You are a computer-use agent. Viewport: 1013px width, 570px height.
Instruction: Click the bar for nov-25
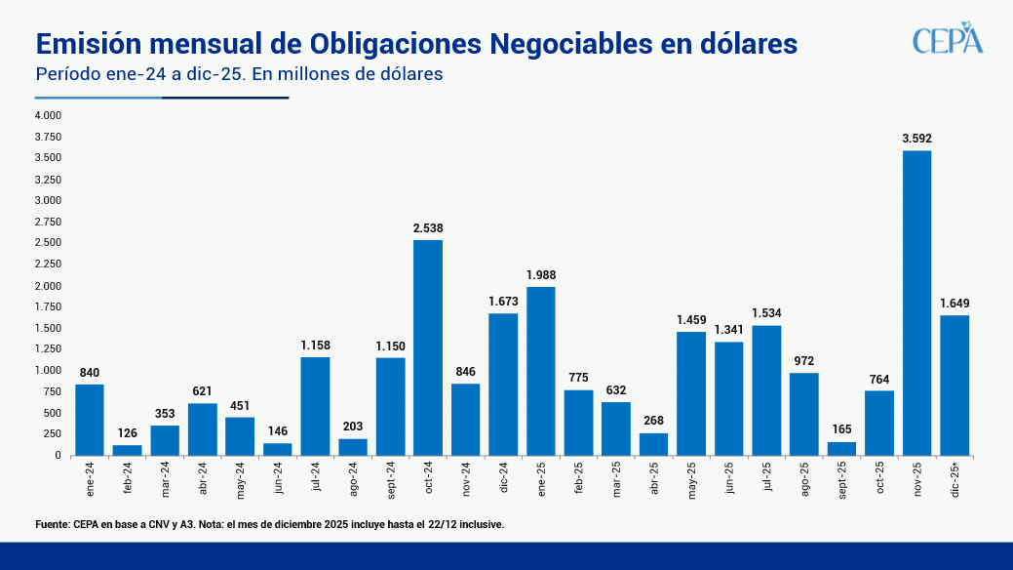[916, 303]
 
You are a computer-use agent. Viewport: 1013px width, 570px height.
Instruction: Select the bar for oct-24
[428, 347]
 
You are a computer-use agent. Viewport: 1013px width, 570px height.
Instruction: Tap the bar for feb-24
[127, 450]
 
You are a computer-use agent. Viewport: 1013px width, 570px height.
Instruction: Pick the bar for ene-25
[541, 371]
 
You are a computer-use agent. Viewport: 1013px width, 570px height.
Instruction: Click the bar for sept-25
[841, 448]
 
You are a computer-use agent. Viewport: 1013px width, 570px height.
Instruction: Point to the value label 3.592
[916, 139]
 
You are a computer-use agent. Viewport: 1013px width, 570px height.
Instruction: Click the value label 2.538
[428, 228]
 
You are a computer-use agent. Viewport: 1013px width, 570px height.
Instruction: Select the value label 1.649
[955, 303]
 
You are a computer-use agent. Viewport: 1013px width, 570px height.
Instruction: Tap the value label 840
[90, 372]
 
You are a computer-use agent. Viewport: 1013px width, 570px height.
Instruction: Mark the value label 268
[653, 421]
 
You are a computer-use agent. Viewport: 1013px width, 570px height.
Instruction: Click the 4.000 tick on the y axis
[48, 115]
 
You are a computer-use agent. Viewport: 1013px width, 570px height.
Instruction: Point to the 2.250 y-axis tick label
[48, 264]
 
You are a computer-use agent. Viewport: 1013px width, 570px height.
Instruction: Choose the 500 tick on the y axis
[52, 413]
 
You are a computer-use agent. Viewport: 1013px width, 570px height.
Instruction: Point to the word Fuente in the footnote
[53, 524]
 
